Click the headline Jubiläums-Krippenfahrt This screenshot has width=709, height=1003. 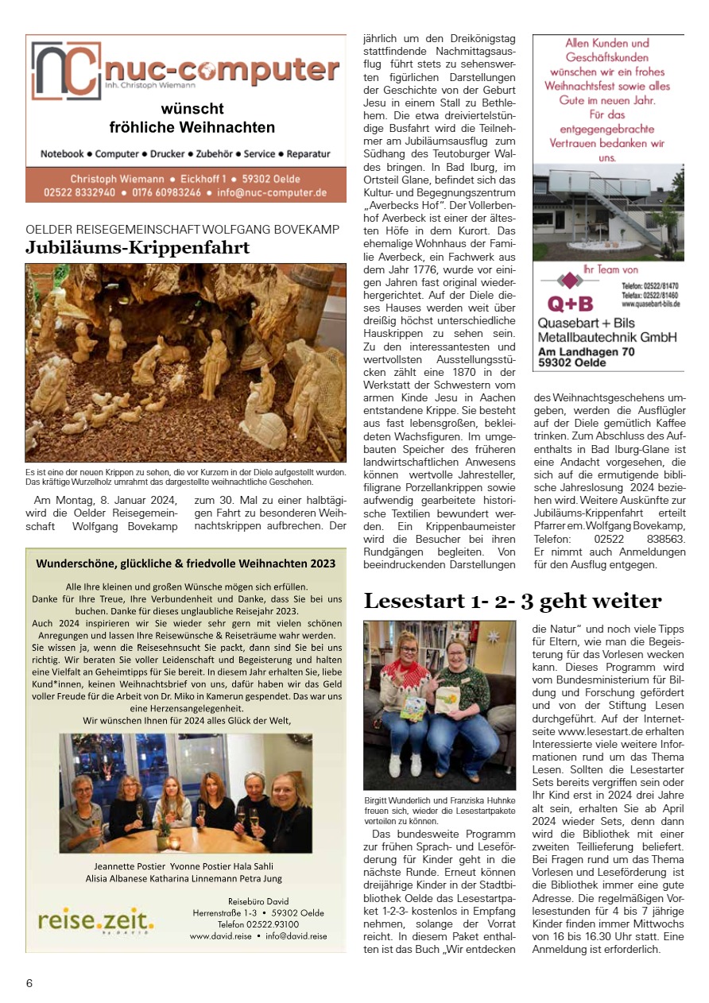tap(138, 248)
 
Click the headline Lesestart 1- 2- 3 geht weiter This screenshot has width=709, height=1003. tap(512, 601)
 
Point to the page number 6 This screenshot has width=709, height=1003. tap(29, 983)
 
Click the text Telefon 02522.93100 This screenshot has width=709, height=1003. tap(253, 924)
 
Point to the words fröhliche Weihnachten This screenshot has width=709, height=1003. tap(192, 128)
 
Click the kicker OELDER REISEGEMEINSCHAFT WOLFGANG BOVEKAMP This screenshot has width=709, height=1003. tap(183, 230)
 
